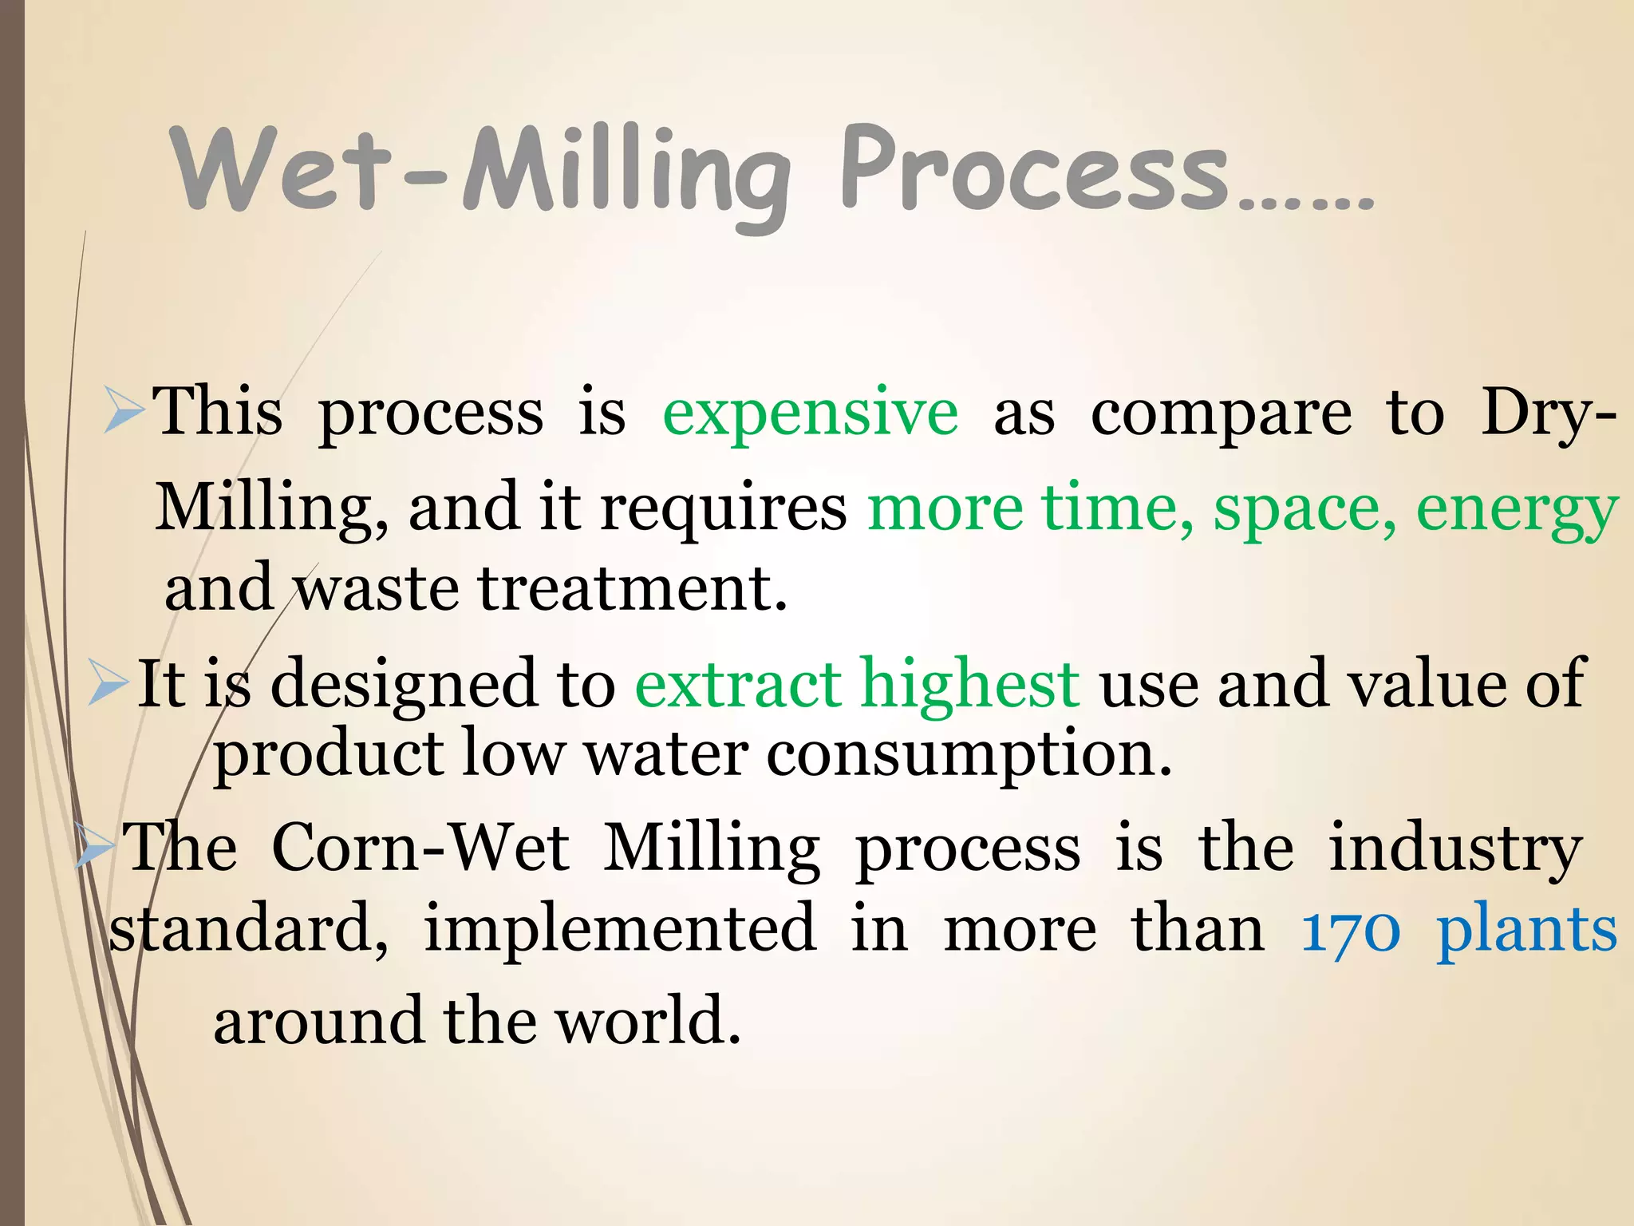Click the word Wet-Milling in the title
pos(479,172)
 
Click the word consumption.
pos(969,754)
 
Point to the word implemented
pos(619,930)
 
